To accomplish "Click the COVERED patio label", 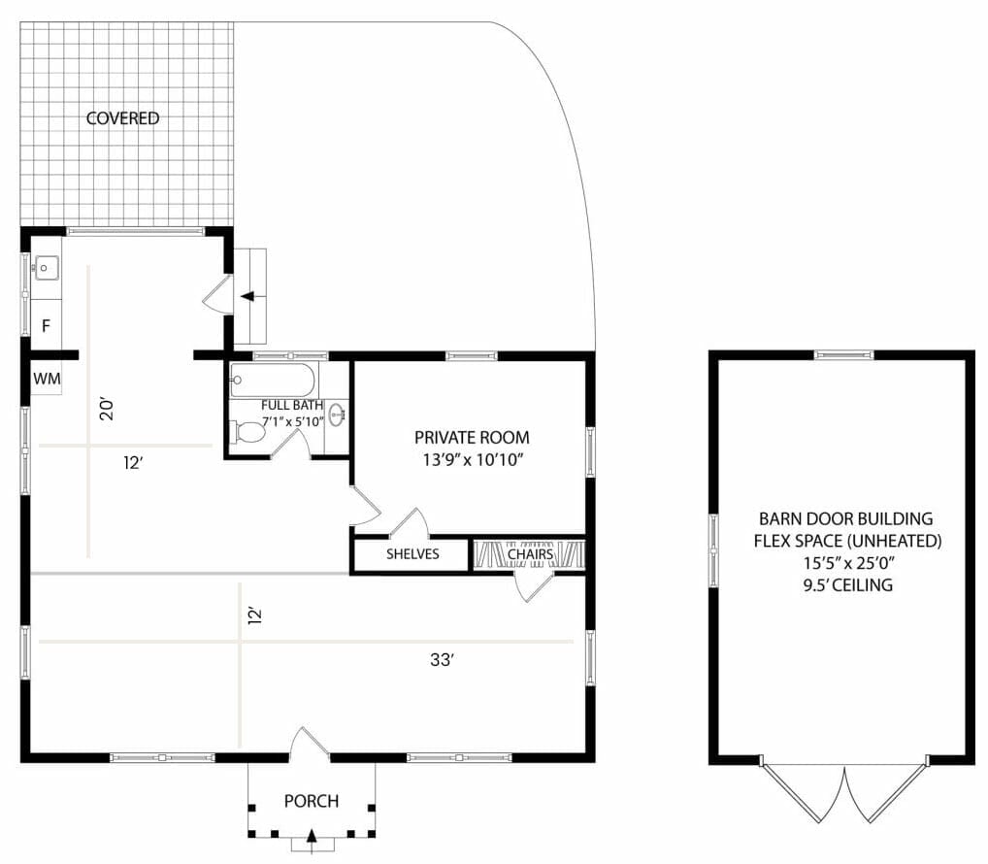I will pos(122,118).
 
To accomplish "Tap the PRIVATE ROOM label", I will pos(469,437).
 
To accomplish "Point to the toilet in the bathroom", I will pos(249,431).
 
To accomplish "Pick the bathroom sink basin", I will pos(337,416).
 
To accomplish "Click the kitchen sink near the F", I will pos(46,267).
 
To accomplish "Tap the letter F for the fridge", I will pos(46,326).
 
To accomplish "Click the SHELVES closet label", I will pos(412,554).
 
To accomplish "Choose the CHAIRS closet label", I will pos(530,554).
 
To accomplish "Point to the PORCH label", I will pos(312,801).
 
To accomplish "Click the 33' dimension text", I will pos(443,661).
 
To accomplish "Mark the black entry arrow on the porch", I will pos(312,835).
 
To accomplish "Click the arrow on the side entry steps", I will pos(247,296).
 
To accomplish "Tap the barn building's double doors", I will pos(845,791).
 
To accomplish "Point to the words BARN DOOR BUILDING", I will pos(845,518).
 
